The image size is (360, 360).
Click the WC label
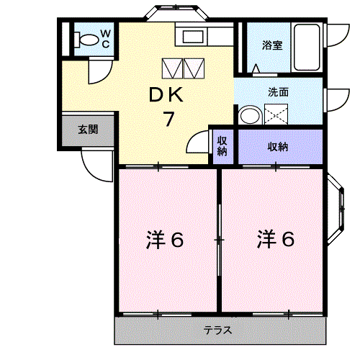coord(104,37)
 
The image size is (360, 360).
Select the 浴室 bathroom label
coord(271,45)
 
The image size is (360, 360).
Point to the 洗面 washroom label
coord(278,92)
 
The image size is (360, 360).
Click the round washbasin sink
coord(250,115)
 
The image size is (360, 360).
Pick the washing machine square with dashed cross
coord(276,114)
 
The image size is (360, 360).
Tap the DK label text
coord(167,94)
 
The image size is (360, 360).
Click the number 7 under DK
coord(168,119)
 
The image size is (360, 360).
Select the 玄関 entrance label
coord(88,130)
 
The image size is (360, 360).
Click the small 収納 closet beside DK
coord(222,146)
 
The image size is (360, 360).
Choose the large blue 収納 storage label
coord(278,147)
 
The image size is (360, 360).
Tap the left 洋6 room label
coord(165,239)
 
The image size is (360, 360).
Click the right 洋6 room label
coord(275,239)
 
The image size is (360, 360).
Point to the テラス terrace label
coord(217,331)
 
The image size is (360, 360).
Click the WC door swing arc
coord(99,73)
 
